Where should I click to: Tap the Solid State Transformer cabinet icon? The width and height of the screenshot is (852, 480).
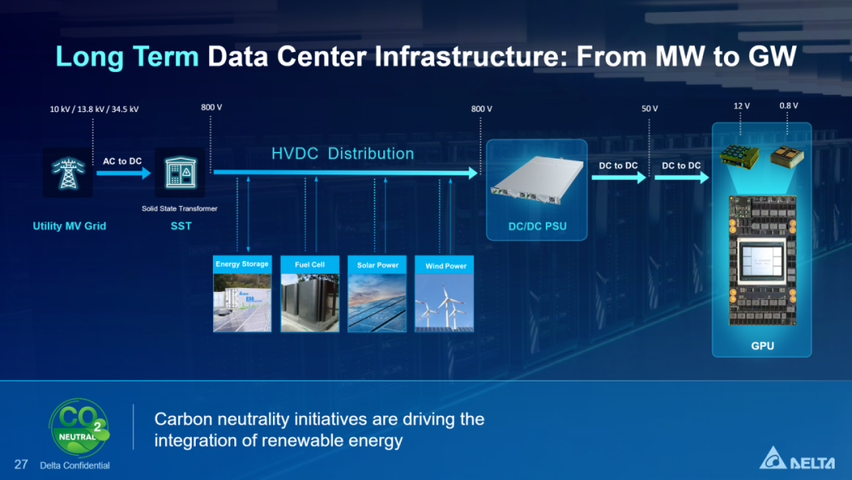tap(181, 173)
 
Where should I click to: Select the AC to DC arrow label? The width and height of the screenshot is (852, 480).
tap(122, 161)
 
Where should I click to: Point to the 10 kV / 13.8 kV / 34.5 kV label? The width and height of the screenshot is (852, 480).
tap(94, 109)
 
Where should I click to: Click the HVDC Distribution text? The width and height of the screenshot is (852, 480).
tap(342, 154)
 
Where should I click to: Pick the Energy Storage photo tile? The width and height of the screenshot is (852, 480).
tap(242, 294)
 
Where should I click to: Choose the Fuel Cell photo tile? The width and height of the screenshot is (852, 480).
tap(310, 294)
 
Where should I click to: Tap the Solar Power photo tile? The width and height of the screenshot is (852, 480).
tap(377, 294)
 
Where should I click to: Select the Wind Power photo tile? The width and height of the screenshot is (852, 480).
tap(444, 294)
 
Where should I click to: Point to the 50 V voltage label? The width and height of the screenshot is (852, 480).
tap(649, 109)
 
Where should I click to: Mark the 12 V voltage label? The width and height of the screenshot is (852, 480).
tap(742, 106)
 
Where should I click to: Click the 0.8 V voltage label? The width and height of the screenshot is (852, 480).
tap(788, 106)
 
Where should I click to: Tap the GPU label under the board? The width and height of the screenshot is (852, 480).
tap(762, 346)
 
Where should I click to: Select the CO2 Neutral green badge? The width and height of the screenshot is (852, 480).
tap(80, 427)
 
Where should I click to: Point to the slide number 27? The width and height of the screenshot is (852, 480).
tap(21, 464)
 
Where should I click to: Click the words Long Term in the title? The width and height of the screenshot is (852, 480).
tap(127, 57)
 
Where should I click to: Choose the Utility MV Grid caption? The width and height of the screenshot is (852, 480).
tap(69, 226)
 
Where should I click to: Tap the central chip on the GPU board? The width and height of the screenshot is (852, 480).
tap(762, 262)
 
